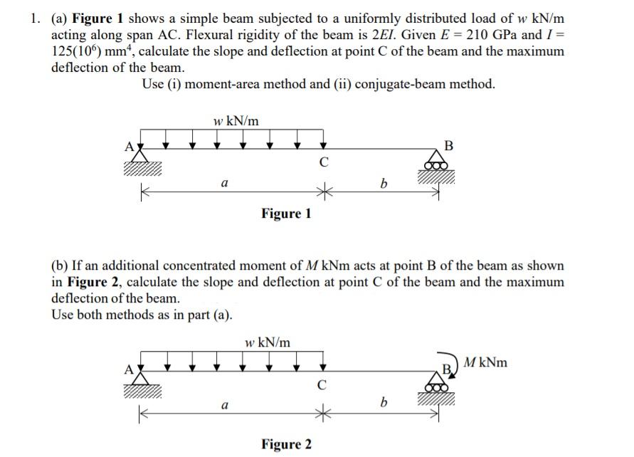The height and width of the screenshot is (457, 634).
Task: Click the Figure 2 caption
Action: [x=286, y=445]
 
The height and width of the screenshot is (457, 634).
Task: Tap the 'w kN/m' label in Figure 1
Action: [x=236, y=121]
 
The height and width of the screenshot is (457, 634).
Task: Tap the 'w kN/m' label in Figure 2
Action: [x=267, y=342]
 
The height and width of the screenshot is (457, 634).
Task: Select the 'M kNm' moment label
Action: [x=485, y=363]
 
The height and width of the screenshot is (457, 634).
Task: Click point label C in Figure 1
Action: [x=324, y=162]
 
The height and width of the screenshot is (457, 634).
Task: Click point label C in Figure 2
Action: [x=322, y=387]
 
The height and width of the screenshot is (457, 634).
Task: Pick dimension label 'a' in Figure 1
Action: [x=224, y=183]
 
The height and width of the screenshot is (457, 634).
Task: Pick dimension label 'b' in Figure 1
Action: [x=384, y=184]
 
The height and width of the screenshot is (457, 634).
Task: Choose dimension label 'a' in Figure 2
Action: [x=224, y=404]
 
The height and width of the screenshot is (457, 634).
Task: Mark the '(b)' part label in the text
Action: [x=60, y=266]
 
